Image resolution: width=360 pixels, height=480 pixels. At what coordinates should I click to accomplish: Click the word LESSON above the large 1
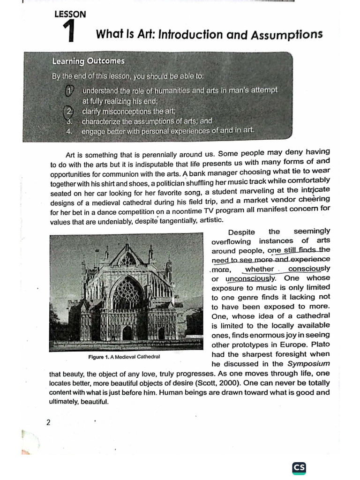pos(70,14)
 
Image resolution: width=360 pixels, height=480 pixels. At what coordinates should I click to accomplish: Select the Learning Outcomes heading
pos(88,61)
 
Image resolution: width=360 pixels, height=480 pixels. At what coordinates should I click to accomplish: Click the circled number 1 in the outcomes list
pos(69,90)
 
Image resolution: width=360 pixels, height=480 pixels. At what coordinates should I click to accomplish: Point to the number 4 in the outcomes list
pos(68,131)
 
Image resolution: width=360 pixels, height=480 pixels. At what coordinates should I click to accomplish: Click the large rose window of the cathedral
pos(127,295)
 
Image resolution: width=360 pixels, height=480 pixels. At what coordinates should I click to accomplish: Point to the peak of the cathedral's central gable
pos(127,245)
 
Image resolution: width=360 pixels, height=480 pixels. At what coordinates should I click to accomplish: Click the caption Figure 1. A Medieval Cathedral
pos(124,357)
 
